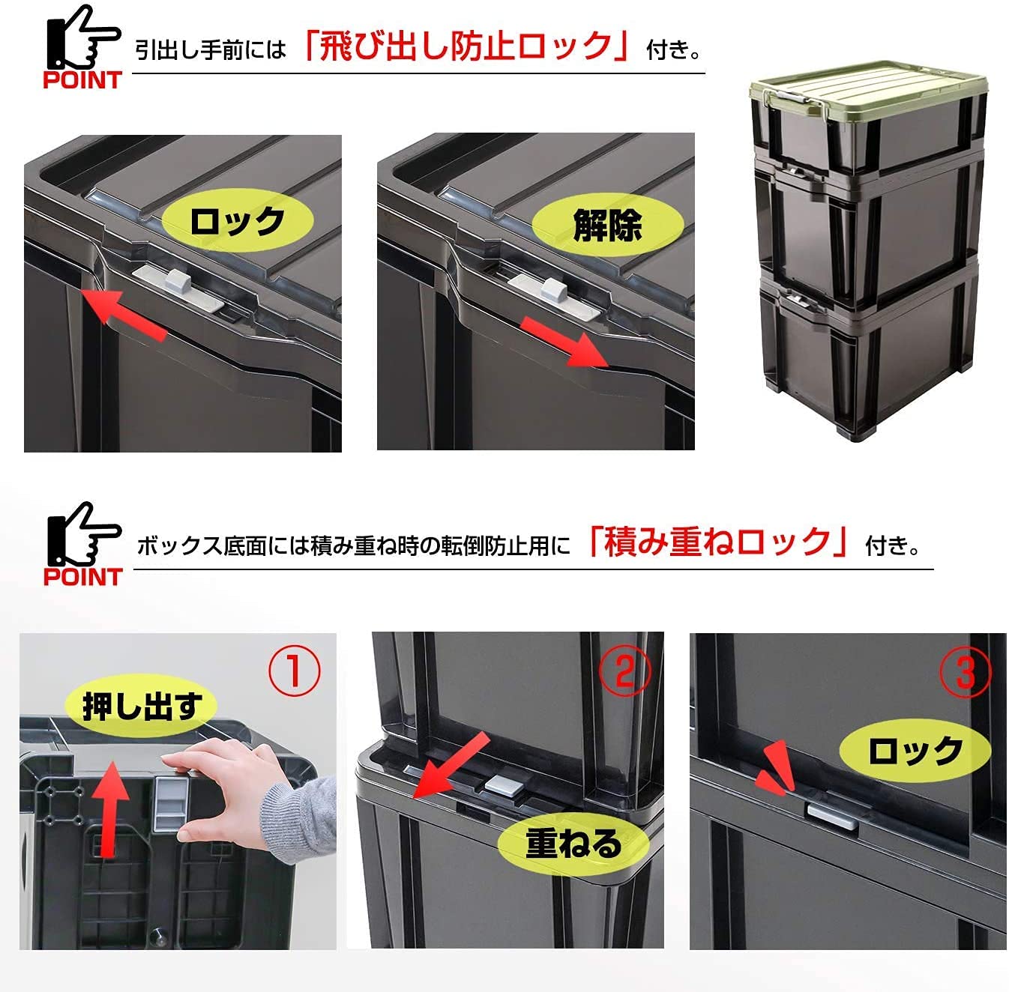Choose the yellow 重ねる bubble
573,844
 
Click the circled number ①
294,671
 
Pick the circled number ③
966,672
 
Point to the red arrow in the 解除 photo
564,342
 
